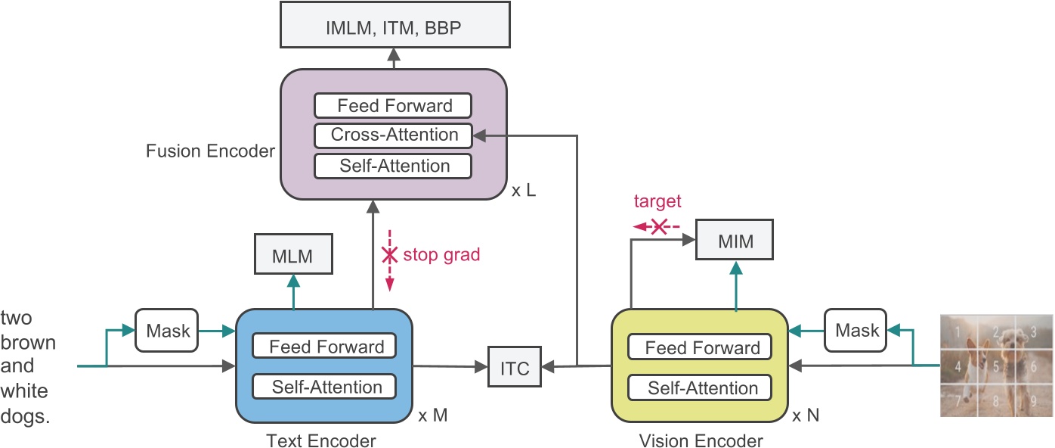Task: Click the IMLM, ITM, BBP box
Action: (393, 27)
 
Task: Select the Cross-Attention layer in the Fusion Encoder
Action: (394, 135)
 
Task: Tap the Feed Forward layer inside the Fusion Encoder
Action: (394, 106)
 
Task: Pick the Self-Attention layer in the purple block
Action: (394, 166)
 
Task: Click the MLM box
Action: (294, 255)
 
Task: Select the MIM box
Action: (735, 242)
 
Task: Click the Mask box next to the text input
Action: (166, 330)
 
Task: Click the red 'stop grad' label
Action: (441, 254)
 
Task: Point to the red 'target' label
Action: (657, 201)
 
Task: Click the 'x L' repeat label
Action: (523, 191)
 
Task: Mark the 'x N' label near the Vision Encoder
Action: (805, 415)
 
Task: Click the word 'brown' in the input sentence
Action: (28, 342)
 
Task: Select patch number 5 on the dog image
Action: (996, 368)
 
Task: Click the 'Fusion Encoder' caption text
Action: (210, 151)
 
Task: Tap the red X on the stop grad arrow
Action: (389, 255)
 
